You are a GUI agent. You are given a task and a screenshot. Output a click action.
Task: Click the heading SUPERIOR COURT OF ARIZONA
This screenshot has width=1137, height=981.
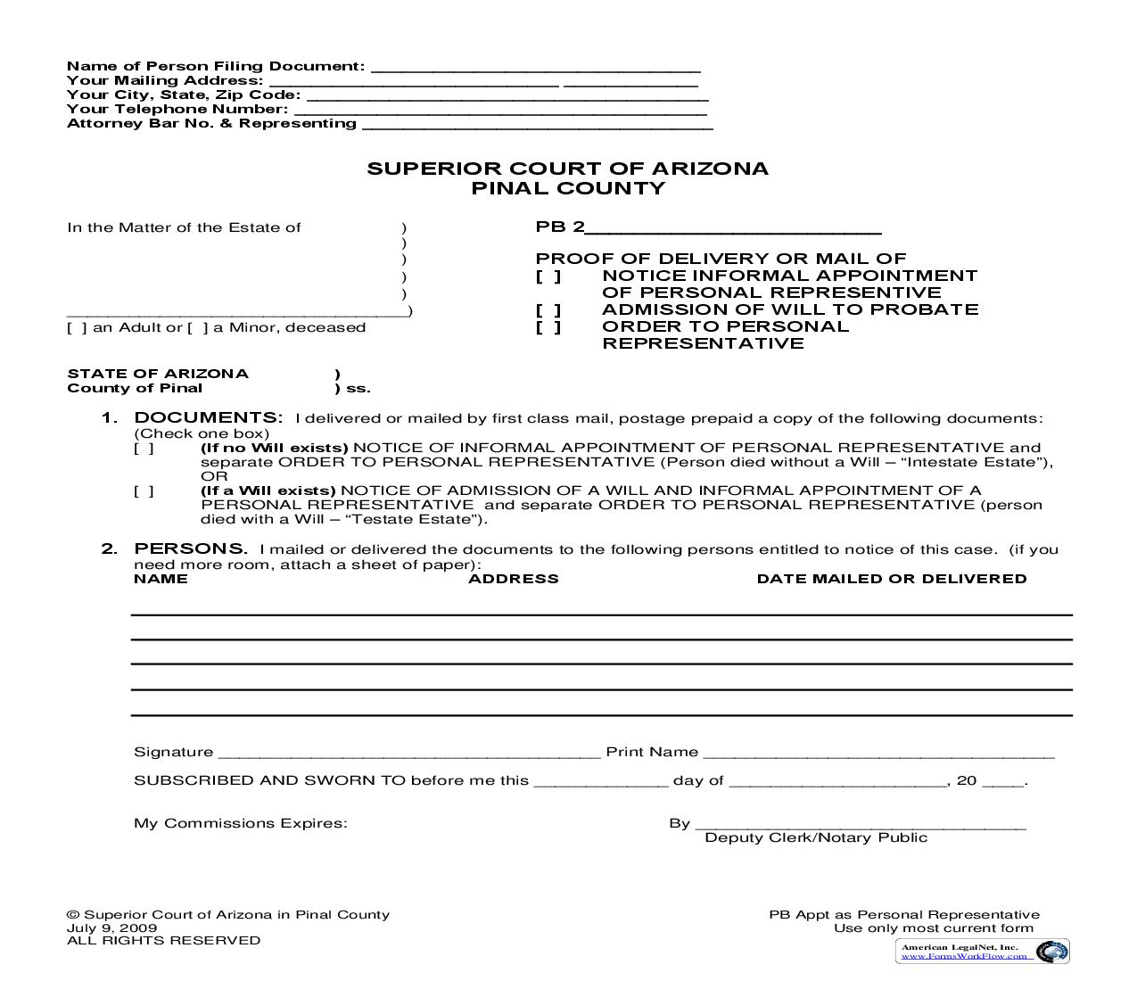click(x=567, y=169)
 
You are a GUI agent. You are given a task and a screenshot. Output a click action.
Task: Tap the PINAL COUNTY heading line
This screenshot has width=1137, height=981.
click(x=567, y=188)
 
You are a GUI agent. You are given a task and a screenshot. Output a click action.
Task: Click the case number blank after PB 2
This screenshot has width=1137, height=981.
click(x=733, y=229)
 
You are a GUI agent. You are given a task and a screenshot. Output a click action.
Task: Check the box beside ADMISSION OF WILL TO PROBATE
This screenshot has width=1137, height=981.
click(x=548, y=310)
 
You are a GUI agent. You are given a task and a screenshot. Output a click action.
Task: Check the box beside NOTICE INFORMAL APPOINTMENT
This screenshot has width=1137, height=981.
click(x=548, y=276)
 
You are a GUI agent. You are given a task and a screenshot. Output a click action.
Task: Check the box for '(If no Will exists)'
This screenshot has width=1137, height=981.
click(x=144, y=449)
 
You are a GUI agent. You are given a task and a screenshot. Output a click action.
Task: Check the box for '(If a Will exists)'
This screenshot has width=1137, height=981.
click(x=144, y=491)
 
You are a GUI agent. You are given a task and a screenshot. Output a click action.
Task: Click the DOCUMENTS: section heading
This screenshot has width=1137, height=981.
click(x=208, y=418)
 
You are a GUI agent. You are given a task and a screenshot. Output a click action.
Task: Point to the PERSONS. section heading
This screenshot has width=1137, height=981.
click(x=190, y=549)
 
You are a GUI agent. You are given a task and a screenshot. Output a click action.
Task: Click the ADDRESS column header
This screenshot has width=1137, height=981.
click(x=514, y=579)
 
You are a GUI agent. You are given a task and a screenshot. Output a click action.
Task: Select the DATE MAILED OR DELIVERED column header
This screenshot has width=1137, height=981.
click(x=892, y=579)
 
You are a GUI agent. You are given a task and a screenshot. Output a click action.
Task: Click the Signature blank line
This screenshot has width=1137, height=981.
click(x=408, y=754)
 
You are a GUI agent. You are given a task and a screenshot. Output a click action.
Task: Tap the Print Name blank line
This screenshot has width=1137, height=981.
click(x=878, y=754)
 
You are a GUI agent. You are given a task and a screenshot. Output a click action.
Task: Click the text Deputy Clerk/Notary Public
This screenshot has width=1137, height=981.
click(x=816, y=837)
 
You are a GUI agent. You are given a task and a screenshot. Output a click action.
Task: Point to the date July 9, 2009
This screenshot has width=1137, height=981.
click(x=111, y=927)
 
